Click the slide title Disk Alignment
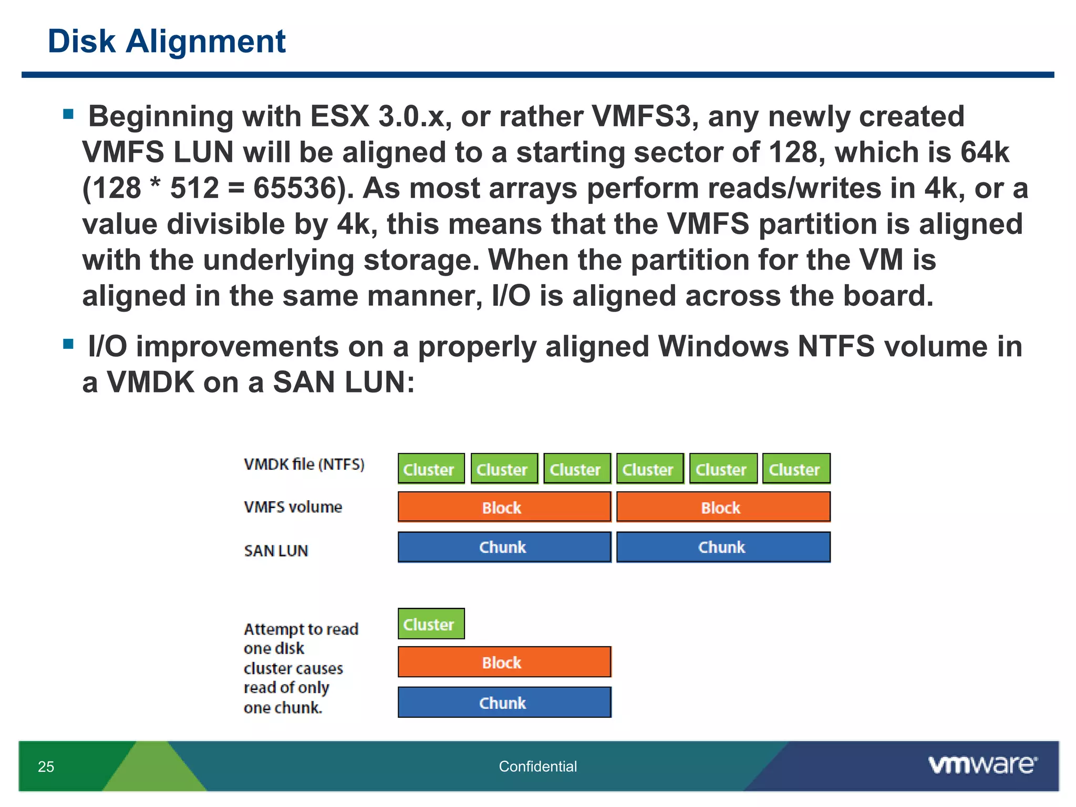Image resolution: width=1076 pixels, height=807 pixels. pyautogui.click(x=167, y=41)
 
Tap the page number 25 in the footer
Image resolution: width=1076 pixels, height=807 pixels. pyautogui.click(x=46, y=767)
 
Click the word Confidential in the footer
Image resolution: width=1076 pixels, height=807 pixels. pyautogui.click(x=537, y=767)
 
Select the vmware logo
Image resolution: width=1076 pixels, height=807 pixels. pyautogui.click(x=982, y=765)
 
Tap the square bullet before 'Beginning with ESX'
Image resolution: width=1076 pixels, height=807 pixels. pyautogui.click(x=68, y=114)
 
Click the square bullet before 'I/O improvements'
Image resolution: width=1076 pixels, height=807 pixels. pyautogui.click(x=68, y=344)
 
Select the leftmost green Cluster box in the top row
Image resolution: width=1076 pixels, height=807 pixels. pyautogui.click(x=431, y=469)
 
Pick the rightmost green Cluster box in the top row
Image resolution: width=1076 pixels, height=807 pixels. pyautogui.click(x=796, y=469)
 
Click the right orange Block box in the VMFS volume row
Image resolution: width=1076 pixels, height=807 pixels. pyautogui.click(x=723, y=507)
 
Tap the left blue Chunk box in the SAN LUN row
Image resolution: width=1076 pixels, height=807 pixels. pyautogui.click(x=504, y=547)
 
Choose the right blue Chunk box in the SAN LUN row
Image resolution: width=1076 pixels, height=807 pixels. pyautogui.click(x=723, y=547)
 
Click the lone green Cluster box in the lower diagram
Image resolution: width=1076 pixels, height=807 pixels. pyautogui.click(x=431, y=624)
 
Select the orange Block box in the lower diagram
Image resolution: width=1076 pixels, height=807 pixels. pyautogui.click(x=504, y=662)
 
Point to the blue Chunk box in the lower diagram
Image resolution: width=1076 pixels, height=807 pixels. pyautogui.click(x=504, y=702)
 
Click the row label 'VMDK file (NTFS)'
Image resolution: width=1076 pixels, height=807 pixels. pyautogui.click(x=304, y=464)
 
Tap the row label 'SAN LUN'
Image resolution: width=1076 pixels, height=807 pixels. pyautogui.click(x=276, y=551)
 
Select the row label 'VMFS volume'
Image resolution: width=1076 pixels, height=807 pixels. pyautogui.click(x=293, y=507)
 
